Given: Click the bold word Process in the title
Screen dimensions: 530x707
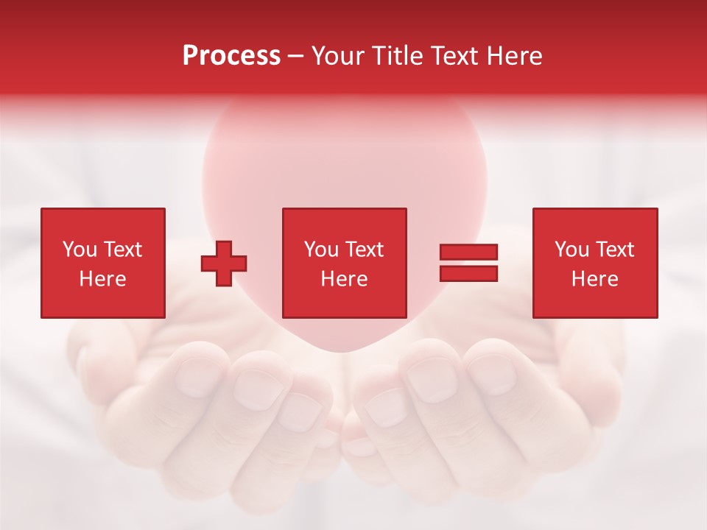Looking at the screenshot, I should pyautogui.click(x=231, y=56).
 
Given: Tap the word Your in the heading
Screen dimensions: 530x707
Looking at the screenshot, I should pyautogui.click(x=338, y=56).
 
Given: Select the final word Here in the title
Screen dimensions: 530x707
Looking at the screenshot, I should pyautogui.click(x=516, y=56).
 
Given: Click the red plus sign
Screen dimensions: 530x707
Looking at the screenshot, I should pyautogui.click(x=224, y=264).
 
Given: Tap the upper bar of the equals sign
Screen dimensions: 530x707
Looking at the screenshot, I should pyautogui.click(x=468, y=252).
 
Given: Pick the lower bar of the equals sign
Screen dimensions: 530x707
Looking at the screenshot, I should pyautogui.click(x=468, y=273).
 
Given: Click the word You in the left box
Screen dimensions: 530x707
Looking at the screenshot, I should pyautogui.click(x=80, y=250).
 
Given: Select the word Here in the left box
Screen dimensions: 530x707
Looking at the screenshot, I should pyautogui.click(x=102, y=279).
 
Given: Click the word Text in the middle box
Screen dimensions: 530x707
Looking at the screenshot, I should pyautogui.click(x=364, y=250).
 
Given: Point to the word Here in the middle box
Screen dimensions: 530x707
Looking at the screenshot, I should pyautogui.click(x=344, y=279).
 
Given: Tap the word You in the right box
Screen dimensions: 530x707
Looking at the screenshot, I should pyautogui.click(x=572, y=250).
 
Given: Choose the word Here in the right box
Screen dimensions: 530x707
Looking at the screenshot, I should pyautogui.click(x=594, y=279).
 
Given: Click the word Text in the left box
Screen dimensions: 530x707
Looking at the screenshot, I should pyautogui.click(x=122, y=250).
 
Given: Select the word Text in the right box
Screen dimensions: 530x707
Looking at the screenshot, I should pyautogui.click(x=614, y=250).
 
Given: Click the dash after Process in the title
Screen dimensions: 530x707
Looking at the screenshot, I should pyautogui.click(x=296, y=57).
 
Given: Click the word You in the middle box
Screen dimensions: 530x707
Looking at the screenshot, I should pyautogui.click(x=322, y=250).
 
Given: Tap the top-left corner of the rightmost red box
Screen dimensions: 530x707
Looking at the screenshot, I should pyautogui.click(x=534, y=210).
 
